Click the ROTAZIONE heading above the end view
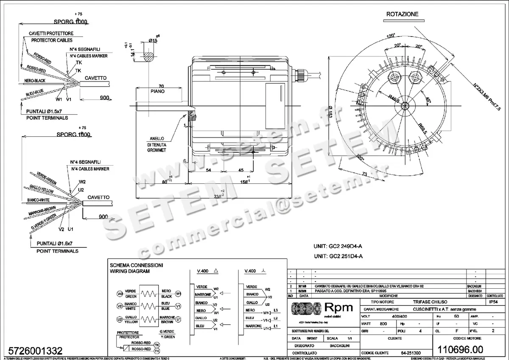click(x=402, y=14)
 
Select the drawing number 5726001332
click(x=33, y=351)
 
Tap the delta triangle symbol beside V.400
click(x=216, y=271)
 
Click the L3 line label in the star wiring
click(x=276, y=310)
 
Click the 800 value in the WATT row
click(x=383, y=323)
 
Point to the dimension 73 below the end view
click(x=364, y=174)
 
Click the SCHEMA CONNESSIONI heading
click(x=136, y=265)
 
